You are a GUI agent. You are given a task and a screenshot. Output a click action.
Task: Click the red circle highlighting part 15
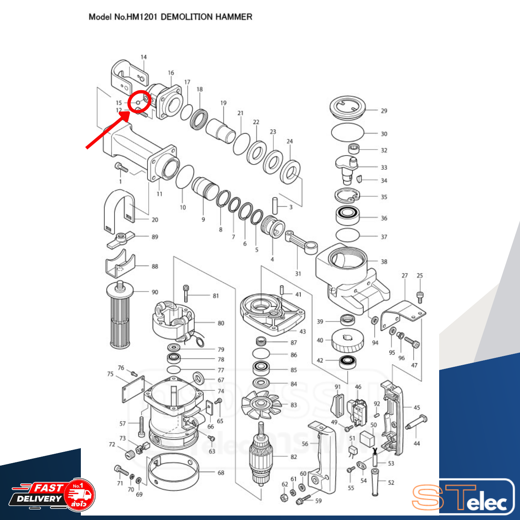[139, 100]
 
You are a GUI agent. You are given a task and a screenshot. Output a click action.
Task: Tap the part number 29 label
[384, 110]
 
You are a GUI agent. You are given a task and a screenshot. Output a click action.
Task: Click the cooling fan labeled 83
[261, 405]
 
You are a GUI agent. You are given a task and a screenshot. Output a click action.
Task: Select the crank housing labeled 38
[349, 276]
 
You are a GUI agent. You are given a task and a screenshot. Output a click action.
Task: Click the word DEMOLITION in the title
[186, 17]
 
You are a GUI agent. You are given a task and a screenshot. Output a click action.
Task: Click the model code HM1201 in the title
[142, 17]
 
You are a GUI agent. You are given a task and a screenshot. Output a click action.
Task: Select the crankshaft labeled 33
[347, 167]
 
